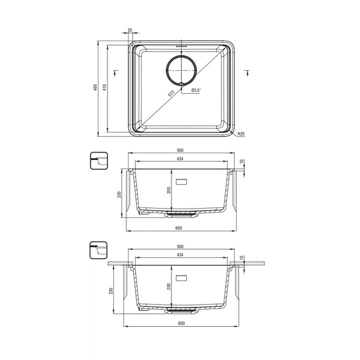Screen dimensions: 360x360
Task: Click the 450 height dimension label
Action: click(95, 87)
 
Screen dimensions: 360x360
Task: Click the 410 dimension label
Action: click(105, 87)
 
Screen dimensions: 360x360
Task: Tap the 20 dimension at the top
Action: click(130, 30)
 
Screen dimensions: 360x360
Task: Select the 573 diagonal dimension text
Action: click(171, 94)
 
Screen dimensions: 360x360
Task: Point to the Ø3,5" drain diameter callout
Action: click(196, 90)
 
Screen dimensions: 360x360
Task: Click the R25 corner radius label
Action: click(241, 134)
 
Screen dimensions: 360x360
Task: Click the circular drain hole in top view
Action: click(181, 70)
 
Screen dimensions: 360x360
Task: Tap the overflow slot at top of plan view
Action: click(181, 46)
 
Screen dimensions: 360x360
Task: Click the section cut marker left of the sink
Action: click(115, 73)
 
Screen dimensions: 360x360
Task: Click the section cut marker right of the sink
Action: click(247, 73)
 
